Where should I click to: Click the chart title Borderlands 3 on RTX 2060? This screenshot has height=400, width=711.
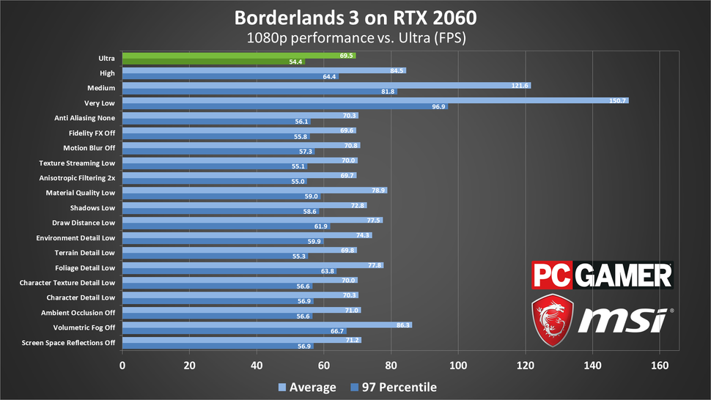[355, 16]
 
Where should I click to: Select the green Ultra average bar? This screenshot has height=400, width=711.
[238, 56]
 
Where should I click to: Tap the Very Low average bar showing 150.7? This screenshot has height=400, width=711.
[375, 100]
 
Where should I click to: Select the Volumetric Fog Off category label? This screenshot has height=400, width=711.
[84, 327]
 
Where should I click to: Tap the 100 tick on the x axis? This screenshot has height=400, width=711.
[459, 366]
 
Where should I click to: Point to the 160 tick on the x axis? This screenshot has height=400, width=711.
[660, 366]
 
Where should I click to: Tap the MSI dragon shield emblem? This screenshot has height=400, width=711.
[553, 321]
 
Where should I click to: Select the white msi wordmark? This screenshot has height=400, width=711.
[624, 321]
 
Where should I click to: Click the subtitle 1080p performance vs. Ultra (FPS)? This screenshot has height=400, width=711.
[355, 36]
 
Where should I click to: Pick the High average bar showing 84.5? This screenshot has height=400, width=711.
[264, 70]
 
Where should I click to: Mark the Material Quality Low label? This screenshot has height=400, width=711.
[80, 193]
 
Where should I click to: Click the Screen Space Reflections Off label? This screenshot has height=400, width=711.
[69, 342]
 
